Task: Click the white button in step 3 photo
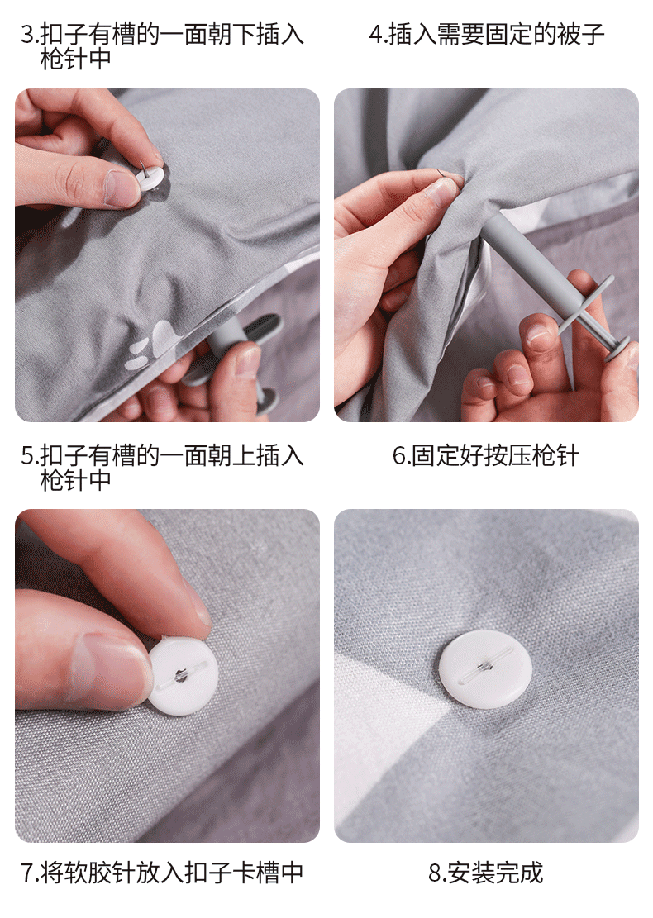point(152,178)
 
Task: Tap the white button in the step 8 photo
point(485,669)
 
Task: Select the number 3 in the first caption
point(27,35)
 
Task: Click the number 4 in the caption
point(375,35)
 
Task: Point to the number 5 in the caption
point(27,456)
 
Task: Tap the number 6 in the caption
point(399,456)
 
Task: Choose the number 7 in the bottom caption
point(27,873)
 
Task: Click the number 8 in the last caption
point(435,873)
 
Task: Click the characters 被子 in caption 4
point(580,35)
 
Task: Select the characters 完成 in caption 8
point(519,873)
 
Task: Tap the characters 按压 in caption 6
point(508,456)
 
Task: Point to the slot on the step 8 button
point(486,665)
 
